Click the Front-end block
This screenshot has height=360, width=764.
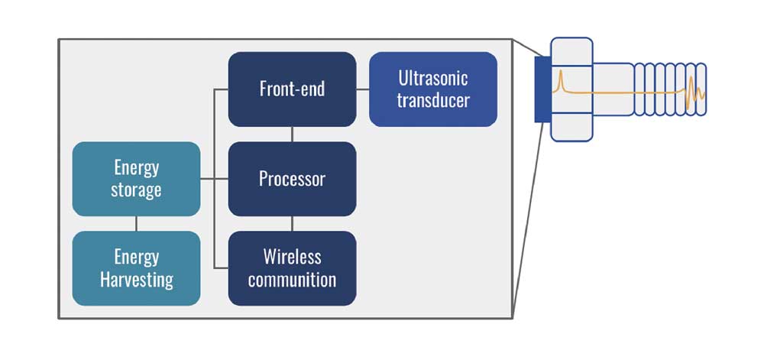(x=292, y=89)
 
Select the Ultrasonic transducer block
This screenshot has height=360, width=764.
(x=433, y=89)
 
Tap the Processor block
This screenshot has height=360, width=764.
(x=292, y=179)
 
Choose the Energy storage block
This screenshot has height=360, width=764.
(x=136, y=179)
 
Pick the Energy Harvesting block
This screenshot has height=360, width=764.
(x=136, y=268)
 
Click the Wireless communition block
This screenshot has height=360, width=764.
(x=292, y=268)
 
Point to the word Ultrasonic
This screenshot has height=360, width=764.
(x=433, y=78)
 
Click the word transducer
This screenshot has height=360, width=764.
(x=433, y=100)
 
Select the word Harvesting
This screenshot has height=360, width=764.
(x=137, y=280)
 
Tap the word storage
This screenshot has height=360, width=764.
(x=136, y=190)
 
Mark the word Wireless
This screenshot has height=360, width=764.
(x=292, y=257)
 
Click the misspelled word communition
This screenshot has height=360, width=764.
(x=292, y=280)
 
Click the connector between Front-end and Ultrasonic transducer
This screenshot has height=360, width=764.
(x=363, y=89)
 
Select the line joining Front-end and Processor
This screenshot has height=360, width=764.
(x=292, y=134)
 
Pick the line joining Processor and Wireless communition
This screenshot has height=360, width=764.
(x=292, y=223)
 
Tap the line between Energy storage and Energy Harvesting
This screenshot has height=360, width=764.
(x=136, y=223)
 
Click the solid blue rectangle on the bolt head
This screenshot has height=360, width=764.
(x=542, y=89)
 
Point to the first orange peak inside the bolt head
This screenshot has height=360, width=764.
(x=560, y=79)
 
